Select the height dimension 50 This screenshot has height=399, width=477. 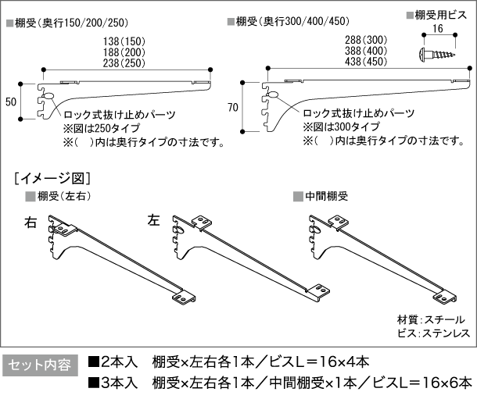click(x=10, y=102)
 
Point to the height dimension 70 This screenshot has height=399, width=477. click(x=232, y=108)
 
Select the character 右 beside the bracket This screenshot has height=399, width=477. click(x=31, y=223)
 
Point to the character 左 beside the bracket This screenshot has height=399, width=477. click(x=154, y=221)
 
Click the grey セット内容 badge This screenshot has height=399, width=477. click(x=40, y=365)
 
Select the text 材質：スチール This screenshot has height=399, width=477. click(x=431, y=319)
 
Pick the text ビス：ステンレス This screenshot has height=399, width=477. click(x=431, y=333)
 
